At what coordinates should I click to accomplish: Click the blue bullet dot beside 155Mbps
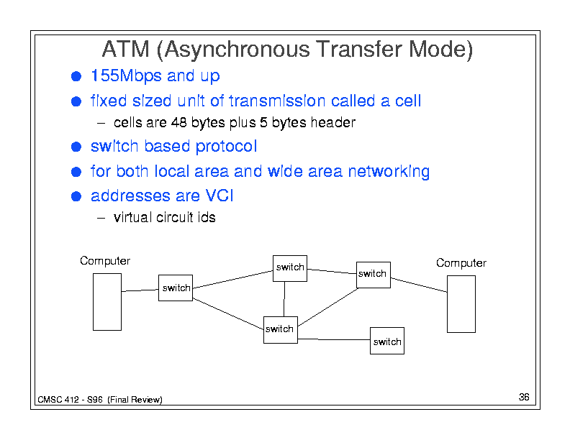pyautogui.click(x=76, y=76)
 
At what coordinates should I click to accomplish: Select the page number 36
pyautogui.click(x=523, y=398)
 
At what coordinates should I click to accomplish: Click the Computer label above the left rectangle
pyautogui.click(x=105, y=261)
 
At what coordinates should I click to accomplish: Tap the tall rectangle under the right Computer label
pyautogui.click(x=461, y=304)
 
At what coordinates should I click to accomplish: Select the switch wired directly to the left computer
pyautogui.click(x=176, y=288)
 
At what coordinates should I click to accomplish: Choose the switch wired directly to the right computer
pyautogui.click(x=373, y=274)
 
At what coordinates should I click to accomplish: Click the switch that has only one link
pyautogui.click(x=386, y=341)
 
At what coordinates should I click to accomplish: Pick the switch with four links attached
pyautogui.click(x=280, y=329)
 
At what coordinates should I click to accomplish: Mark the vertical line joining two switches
pyautogui.click(x=284, y=298)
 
